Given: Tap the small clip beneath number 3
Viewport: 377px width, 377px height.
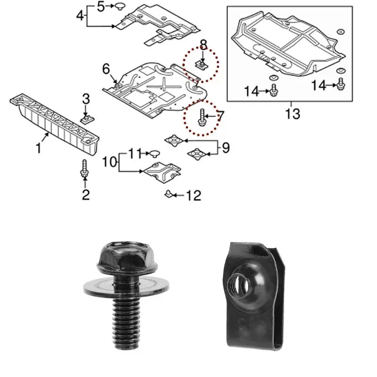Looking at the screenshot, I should (x=86, y=117).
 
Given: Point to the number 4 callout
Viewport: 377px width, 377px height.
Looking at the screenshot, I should (x=81, y=16).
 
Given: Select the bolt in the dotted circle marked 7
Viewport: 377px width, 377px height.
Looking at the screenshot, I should (x=202, y=117).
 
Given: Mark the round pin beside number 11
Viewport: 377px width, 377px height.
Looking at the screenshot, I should (x=155, y=153).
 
